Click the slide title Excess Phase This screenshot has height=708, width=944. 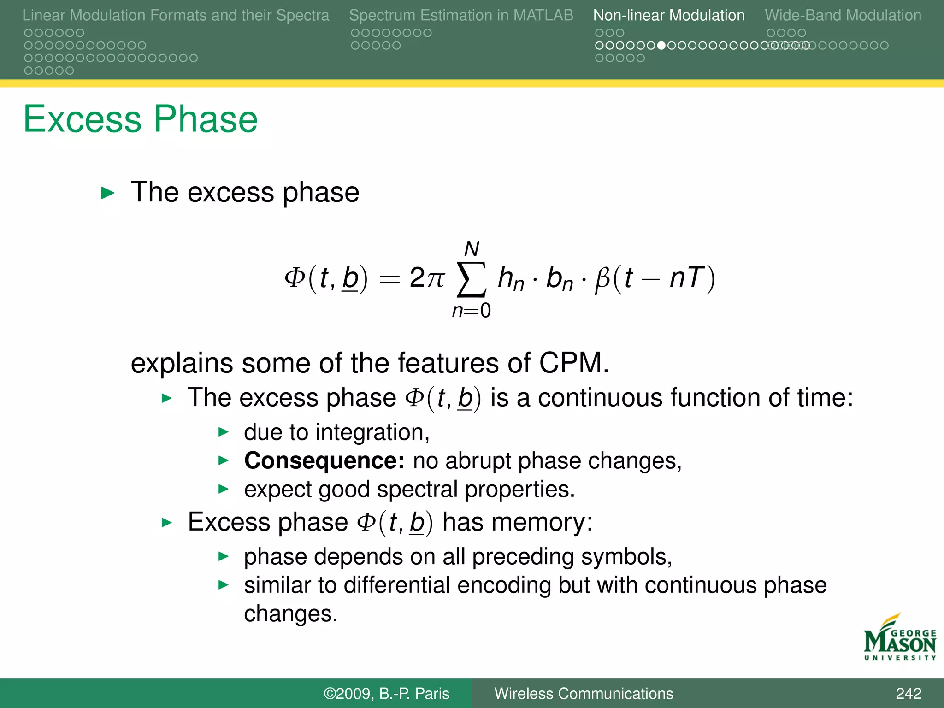pyautogui.click(x=141, y=119)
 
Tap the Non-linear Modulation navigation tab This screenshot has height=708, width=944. pyautogui.click(x=668, y=15)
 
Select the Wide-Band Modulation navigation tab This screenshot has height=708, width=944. pyautogui.click(x=843, y=15)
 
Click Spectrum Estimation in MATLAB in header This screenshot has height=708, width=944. pyautogui.click(x=461, y=15)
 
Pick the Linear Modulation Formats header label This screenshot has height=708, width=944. pyautogui.click(x=176, y=15)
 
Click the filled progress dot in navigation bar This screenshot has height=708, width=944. pyautogui.click(x=661, y=46)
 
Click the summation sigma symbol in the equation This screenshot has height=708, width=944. pyautogui.click(x=471, y=280)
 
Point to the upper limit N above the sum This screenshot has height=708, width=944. pyautogui.click(x=472, y=249)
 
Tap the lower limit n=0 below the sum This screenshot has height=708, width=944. pyautogui.click(x=471, y=311)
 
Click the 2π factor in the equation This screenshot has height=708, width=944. pyautogui.click(x=427, y=278)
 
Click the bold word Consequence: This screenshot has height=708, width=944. pyautogui.click(x=324, y=460)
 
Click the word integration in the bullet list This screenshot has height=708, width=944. pyautogui.click(x=372, y=432)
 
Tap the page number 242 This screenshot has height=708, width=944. pyautogui.click(x=908, y=694)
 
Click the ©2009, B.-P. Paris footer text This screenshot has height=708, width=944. pyautogui.click(x=386, y=694)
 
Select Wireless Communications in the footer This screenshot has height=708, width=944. pyautogui.click(x=584, y=694)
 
